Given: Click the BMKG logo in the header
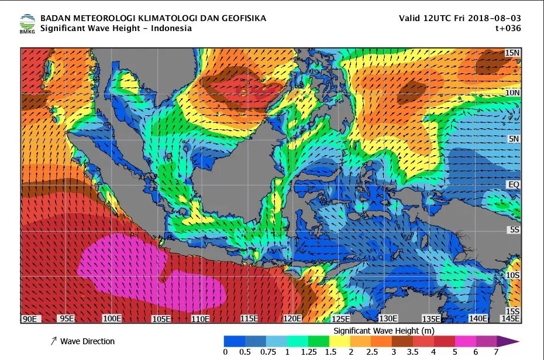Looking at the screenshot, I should point(27,23).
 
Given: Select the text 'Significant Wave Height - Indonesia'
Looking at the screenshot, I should point(116,28).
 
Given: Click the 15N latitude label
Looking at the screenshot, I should point(512,53).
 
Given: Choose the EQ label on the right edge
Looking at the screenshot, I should point(513,184).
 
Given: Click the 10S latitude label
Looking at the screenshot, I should point(512,275).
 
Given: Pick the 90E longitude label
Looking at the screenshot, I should point(30,318).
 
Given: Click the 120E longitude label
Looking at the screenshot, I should point(292,318).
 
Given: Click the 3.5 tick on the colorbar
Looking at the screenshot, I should point(412,352).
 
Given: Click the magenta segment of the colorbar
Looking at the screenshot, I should point(466,341).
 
